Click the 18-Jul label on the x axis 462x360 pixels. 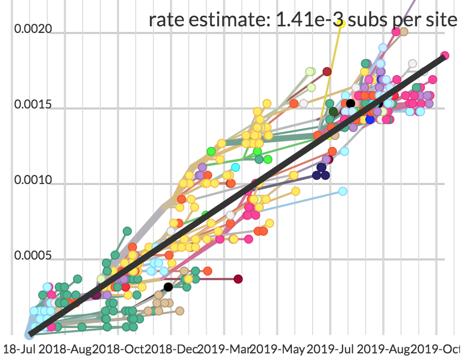(x=19, y=349)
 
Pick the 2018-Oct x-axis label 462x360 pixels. (x=118, y=349)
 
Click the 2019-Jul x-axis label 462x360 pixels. (x=331, y=349)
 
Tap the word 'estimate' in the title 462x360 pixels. (x=229, y=20)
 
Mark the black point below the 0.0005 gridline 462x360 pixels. (x=168, y=287)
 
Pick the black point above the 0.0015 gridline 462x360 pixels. (x=350, y=103)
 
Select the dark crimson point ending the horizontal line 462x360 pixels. (x=238, y=279)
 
